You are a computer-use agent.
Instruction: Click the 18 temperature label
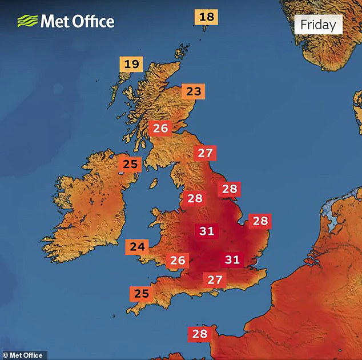[206, 17]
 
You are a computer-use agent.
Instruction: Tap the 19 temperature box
[131, 64]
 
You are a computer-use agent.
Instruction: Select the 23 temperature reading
[194, 91]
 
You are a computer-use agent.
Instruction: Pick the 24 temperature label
[137, 247]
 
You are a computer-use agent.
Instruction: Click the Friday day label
[318, 25]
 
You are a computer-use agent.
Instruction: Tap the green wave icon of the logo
[27, 22]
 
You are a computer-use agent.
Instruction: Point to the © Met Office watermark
[23, 355]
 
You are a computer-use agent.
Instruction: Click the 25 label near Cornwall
[141, 294]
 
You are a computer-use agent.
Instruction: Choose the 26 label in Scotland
[160, 129]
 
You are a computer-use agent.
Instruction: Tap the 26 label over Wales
[178, 261]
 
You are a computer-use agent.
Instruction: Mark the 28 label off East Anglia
[260, 221]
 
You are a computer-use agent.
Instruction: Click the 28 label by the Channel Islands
[200, 334]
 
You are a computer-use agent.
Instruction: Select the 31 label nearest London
[232, 259]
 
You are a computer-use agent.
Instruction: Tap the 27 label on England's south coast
[214, 280]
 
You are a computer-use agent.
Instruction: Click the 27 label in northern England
[205, 153]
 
